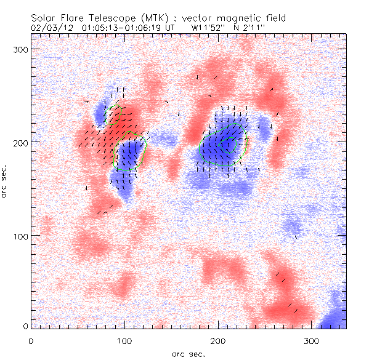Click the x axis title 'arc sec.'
click(189, 354)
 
